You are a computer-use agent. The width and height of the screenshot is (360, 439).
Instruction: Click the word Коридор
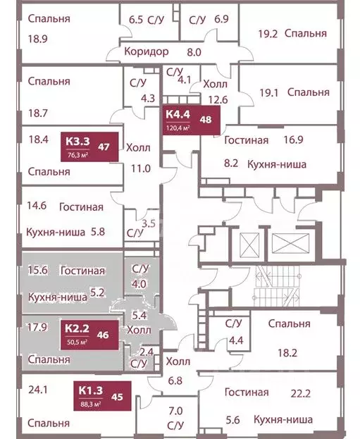pos(145,51)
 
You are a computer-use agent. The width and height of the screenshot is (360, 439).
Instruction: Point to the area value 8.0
pos(194,51)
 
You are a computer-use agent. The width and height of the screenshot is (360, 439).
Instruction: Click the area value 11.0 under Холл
pos(143,168)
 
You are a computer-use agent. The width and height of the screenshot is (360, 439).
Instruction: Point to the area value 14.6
pos(36,207)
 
